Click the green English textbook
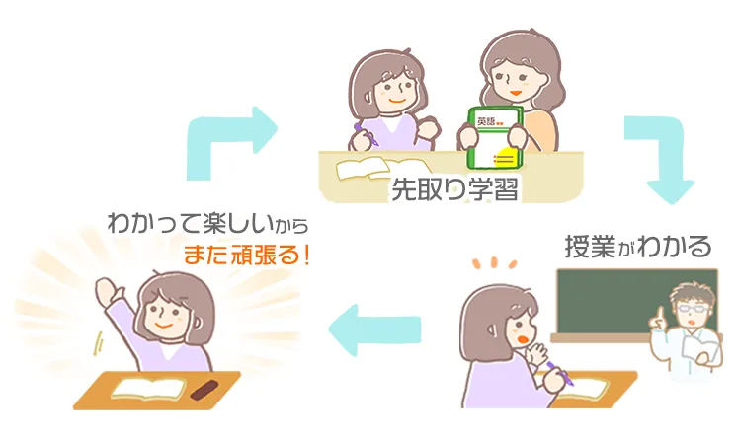(x=496, y=137)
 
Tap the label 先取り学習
(x=454, y=189)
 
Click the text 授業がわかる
(x=638, y=247)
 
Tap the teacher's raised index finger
(x=660, y=314)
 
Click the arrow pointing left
(x=374, y=329)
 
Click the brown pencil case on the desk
(x=204, y=390)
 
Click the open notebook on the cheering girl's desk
(x=147, y=388)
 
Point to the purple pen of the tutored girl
(x=367, y=135)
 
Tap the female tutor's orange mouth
(x=516, y=93)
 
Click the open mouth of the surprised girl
(x=522, y=338)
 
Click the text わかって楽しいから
(x=208, y=224)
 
